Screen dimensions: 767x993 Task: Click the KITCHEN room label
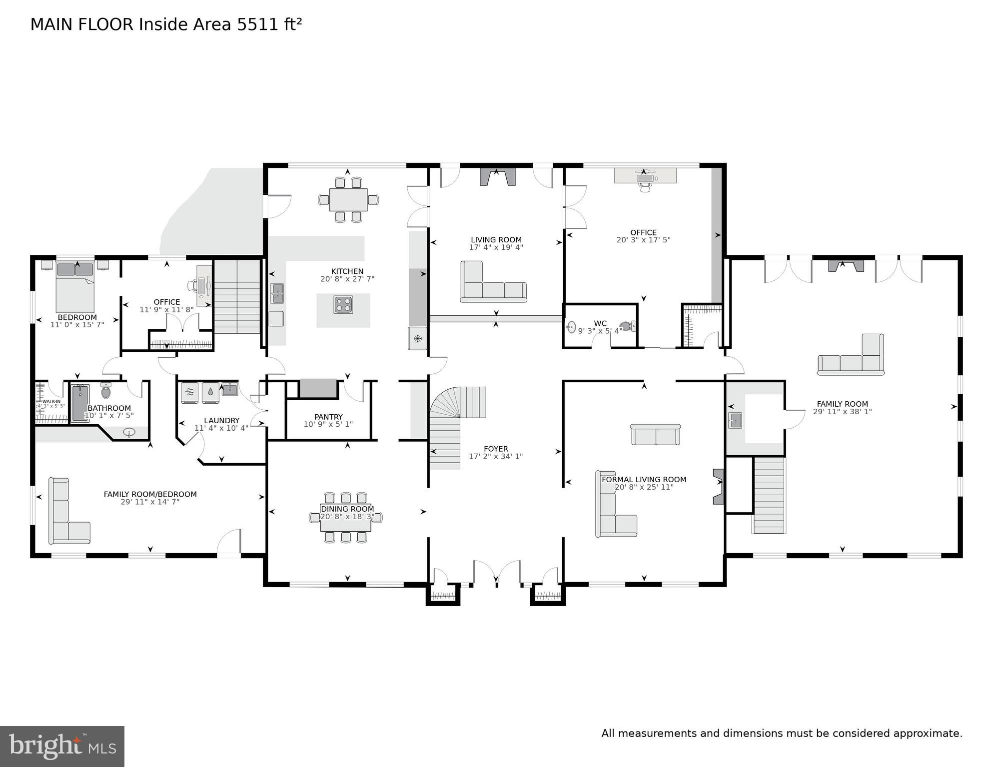pos(347,271)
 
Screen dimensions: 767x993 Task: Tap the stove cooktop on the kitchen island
pos(343,305)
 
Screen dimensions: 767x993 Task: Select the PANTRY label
pos(328,417)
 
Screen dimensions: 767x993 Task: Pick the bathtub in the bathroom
pos(79,403)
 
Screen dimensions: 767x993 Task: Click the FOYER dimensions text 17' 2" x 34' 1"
pos(495,456)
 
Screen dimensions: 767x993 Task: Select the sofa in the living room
pos(492,287)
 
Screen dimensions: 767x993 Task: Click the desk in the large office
pos(645,176)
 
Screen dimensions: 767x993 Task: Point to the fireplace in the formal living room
pos(718,486)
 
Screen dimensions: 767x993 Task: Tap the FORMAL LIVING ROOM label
pos(644,479)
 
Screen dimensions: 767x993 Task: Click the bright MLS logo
pos(62,746)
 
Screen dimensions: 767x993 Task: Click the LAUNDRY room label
pos(221,421)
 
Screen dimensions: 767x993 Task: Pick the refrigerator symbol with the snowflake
pos(418,339)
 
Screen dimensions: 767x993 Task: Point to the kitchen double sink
pos(277,293)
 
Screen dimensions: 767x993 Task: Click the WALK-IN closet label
pos(51,401)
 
